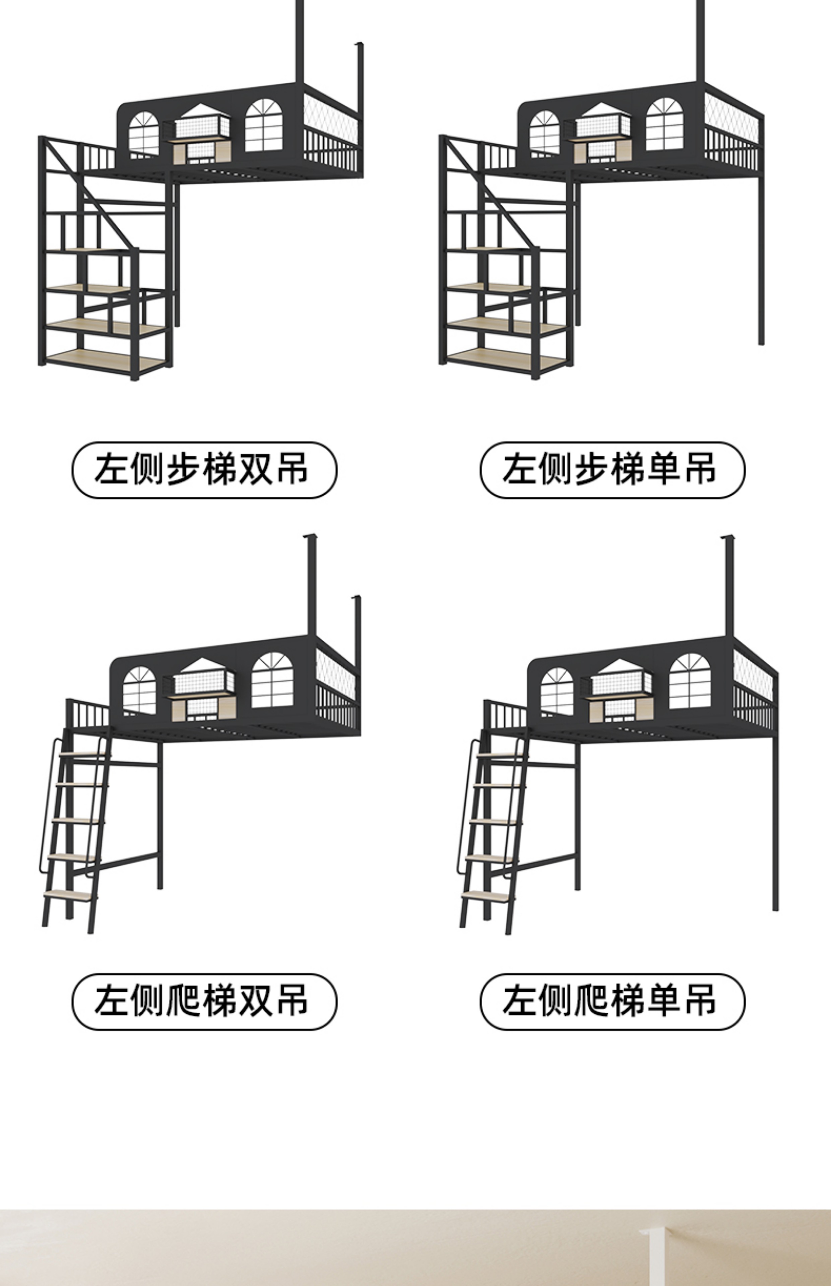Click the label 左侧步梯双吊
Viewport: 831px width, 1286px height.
click(204, 470)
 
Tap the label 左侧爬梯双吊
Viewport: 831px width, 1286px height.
click(204, 1001)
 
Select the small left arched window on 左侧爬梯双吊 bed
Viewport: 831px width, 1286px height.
click(139, 690)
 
